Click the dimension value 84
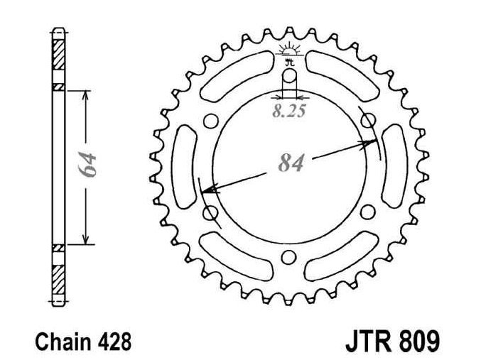(x=291, y=163)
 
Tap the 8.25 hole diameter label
(x=289, y=111)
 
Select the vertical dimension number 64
(x=87, y=164)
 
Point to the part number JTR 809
(x=393, y=341)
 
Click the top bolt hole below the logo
(x=289, y=76)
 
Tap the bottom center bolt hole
(x=288, y=257)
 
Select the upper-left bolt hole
(x=211, y=121)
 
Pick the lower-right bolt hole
(x=367, y=212)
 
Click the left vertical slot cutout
(x=183, y=166)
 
